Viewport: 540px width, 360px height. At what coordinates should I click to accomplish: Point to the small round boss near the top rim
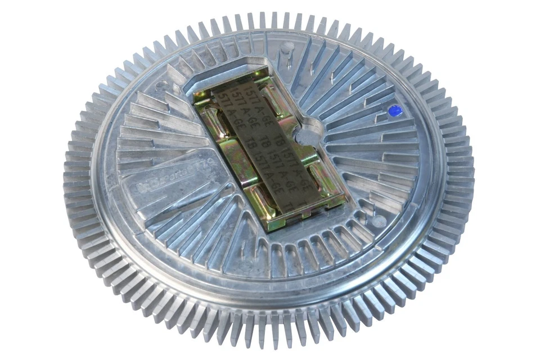tap(287, 47)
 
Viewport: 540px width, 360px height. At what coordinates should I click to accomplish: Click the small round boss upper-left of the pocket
tap(162, 86)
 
